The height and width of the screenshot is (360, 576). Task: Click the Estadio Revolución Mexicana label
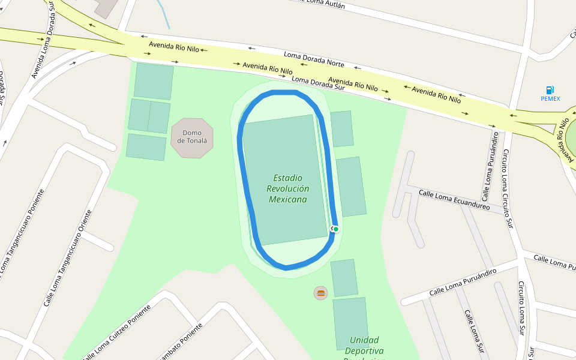click(x=288, y=188)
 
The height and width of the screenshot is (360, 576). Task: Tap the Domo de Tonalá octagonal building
click(x=192, y=138)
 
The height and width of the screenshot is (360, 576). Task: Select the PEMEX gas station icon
click(x=550, y=90)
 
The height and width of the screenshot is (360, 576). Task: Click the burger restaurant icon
click(x=321, y=293)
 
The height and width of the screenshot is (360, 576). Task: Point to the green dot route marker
click(x=336, y=229)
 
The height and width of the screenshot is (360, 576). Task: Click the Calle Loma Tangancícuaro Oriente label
click(x=67, y=258)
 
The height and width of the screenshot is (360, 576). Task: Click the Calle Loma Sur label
click(x=473, y=331)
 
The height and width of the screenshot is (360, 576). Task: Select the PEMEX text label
click(x=550, y=99)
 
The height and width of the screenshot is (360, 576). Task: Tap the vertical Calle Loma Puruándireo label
click(x=489, y=167)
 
